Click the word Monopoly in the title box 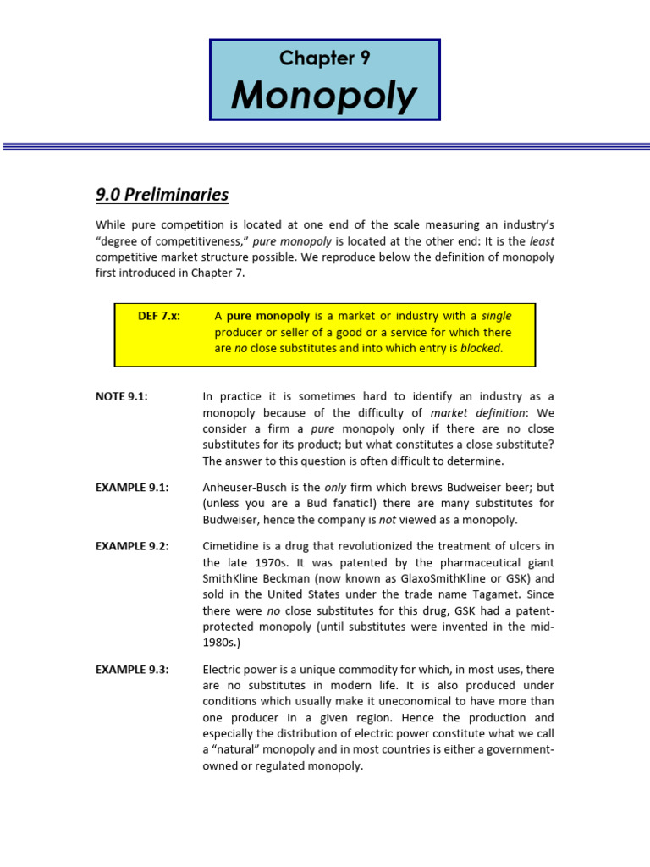[x=324, y=95]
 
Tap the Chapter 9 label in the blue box [x=324, y=58]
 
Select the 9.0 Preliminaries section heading [x=162, y=195]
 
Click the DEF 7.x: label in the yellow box [x=159, y=316]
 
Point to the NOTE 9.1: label [x=122, y=396]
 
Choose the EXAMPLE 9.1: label [x=132, y=488]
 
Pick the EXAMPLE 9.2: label [x=132, y=546]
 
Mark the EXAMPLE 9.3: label [x=132, y=670]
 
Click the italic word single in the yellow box [x=497, y=316]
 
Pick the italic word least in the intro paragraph [x=542, y=240]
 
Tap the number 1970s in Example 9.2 [x=266, y=562]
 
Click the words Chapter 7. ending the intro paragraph [x=223, y=273]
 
